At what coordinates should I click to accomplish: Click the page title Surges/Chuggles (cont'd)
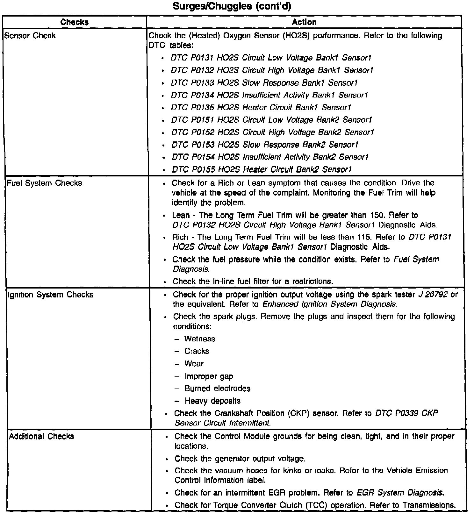click(x=232, y=6)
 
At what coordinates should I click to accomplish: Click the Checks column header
click(x=74, y=22)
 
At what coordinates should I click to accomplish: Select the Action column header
click(x=304, y=22)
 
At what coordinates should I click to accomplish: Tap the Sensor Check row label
click(x=30, y=36)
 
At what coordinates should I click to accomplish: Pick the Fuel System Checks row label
click(x=44, y=183)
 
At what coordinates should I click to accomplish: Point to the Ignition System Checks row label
click(x=50, y=295)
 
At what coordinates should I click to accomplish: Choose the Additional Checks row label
click(x=41, y=436)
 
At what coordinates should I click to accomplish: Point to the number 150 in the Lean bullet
click(x=377, y=215)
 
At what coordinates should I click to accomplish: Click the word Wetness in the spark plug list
click(x=200, y=339)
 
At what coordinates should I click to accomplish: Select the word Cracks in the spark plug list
click(x=197, y=351)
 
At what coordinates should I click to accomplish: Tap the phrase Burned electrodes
click(x=218, y=389)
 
